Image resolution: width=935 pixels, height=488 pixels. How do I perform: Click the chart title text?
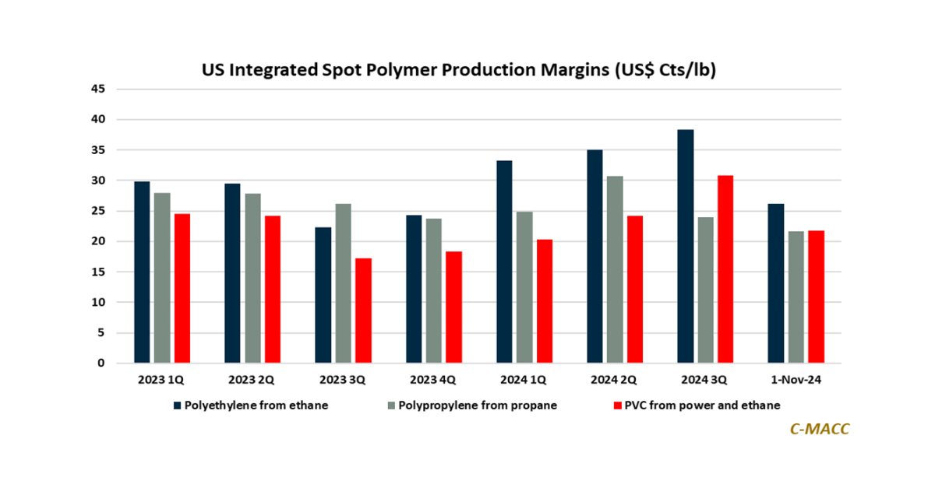point(459,69)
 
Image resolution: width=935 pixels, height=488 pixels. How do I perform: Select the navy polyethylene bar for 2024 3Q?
point(686,246)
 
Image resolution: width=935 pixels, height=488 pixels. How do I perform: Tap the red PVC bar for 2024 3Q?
point(725,269)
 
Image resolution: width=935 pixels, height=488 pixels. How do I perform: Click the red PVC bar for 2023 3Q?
point(364,311)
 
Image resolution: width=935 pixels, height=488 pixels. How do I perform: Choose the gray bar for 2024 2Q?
point(615,269)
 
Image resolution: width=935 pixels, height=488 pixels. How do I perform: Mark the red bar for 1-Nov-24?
point(816,297)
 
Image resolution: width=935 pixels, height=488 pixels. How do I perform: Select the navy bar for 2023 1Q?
point(143,272)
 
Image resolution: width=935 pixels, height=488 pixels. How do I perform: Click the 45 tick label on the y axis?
point(98,89)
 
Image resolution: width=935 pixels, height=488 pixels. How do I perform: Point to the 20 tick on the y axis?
point(98,241)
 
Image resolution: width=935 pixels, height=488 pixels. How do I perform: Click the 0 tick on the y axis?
point(101,363)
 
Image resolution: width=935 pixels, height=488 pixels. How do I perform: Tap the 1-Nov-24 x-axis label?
point(796,381)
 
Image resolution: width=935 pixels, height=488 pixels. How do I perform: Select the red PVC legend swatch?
point(619,405)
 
